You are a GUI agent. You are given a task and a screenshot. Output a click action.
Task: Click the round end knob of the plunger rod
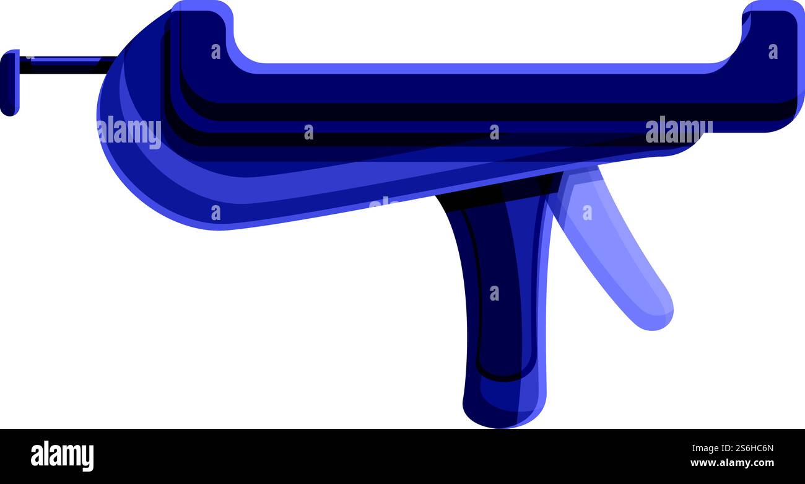[9, 82]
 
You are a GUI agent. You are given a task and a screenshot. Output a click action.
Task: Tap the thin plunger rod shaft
[65, 63]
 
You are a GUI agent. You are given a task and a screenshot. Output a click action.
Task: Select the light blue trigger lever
[610, 248]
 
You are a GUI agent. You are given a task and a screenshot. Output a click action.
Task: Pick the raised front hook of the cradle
[771, 37]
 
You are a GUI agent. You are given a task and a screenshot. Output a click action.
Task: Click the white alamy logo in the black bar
[62, 456]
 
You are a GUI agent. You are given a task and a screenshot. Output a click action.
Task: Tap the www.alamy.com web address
[732, 463]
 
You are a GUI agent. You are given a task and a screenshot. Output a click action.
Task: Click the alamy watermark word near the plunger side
[129, 131]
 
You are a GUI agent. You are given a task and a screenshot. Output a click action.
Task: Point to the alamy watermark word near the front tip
[678, 130]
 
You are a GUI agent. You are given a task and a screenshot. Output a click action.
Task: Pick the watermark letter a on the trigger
[586, 213]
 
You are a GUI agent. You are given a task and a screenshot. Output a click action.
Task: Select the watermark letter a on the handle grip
[494, 293]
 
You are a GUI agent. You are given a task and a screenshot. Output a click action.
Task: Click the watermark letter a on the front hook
[773, 51]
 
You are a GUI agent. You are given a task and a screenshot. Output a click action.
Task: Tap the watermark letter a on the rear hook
[215, 51]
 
